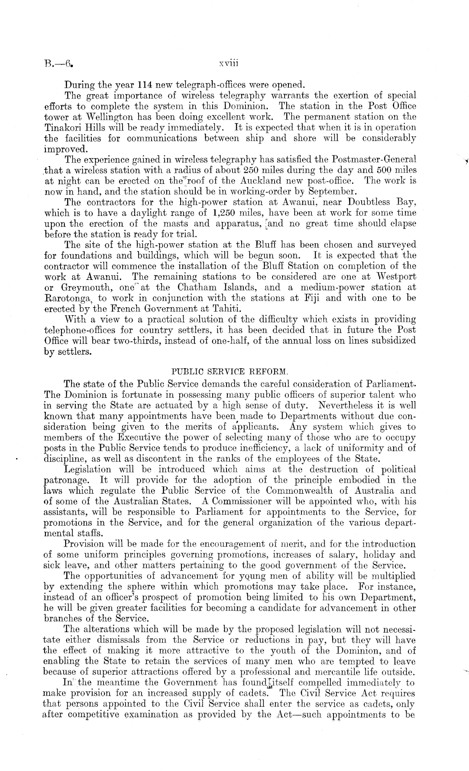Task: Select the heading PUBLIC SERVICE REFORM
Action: tap(229, 372)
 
